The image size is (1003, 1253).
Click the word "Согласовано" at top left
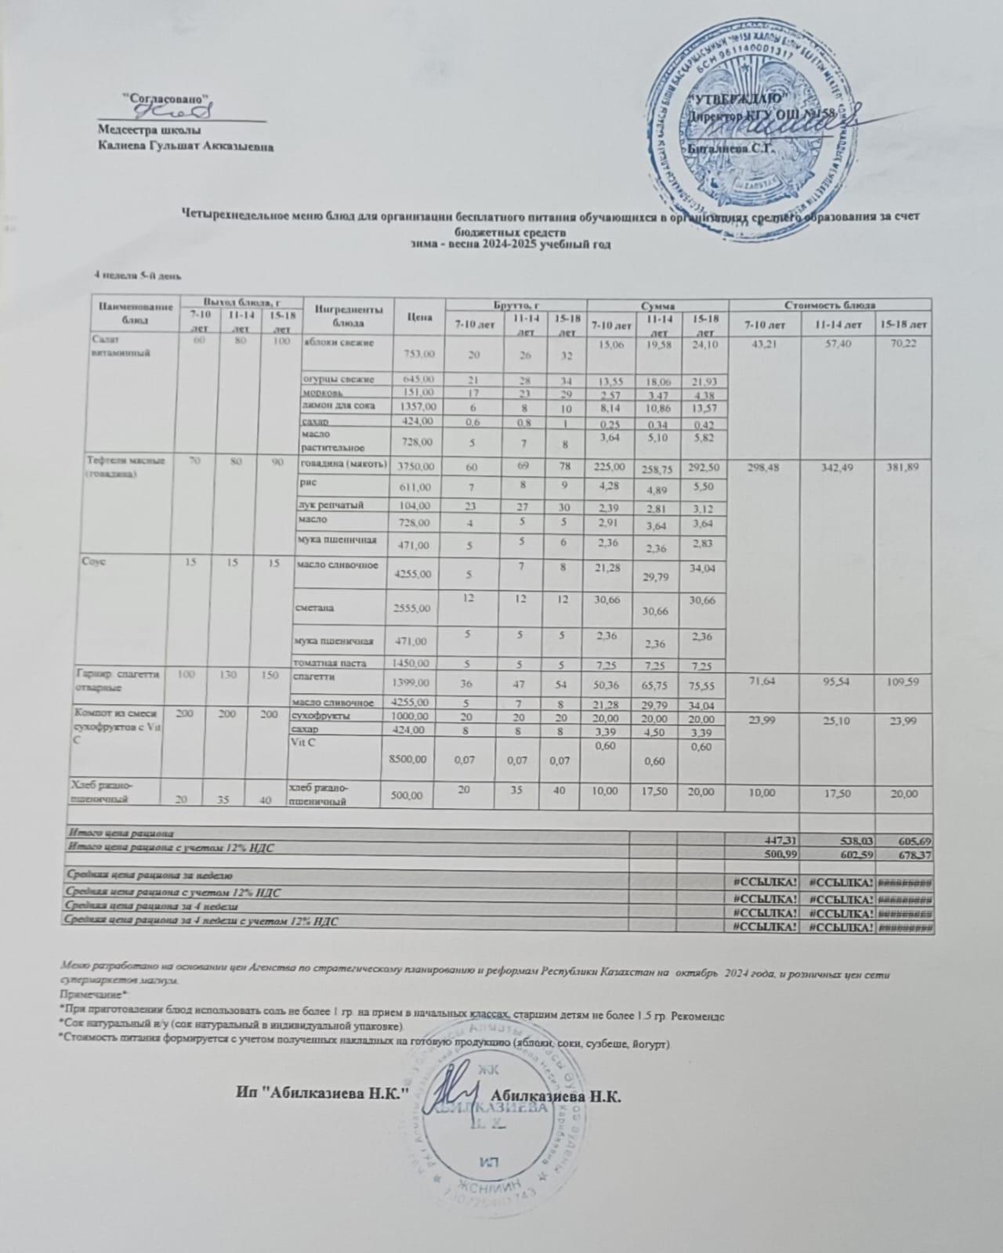point(168,99)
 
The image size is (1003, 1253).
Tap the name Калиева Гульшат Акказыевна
point(186,145)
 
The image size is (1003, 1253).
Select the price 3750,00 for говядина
point(416,466)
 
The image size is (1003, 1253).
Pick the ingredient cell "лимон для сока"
point(332,406)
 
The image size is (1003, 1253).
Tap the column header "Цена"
point(420,317)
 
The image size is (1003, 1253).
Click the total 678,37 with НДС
point(912,854)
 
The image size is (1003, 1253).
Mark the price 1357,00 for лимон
point(416,407)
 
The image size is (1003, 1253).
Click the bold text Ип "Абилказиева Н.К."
point(323,1093)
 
